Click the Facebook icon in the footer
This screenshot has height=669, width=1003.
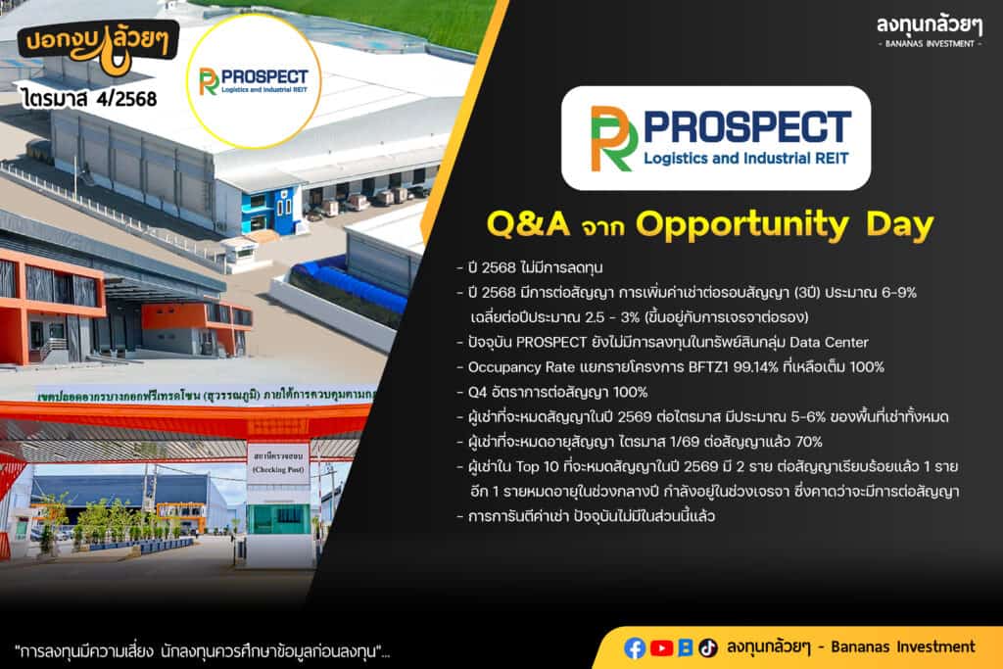(634, 647)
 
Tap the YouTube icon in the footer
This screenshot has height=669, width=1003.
(661, 647)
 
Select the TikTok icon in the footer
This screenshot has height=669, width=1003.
(707, 647)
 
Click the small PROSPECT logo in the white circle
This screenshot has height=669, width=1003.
(254, 81)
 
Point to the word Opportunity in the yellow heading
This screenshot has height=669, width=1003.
(742, 225)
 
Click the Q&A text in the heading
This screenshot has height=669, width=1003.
(528, 224)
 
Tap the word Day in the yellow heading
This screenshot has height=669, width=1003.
(900, 225)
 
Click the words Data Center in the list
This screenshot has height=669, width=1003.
(829, 342)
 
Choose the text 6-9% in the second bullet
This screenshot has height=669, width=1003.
(899, 292)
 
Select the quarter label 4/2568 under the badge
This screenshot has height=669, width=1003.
(126, 99)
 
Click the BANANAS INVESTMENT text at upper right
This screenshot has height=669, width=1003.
(930, 43)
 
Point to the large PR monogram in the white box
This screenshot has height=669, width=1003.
(613, 138)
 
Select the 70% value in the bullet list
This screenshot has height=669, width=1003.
(808, 442)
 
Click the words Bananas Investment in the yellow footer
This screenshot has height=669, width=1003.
(903, 647)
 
